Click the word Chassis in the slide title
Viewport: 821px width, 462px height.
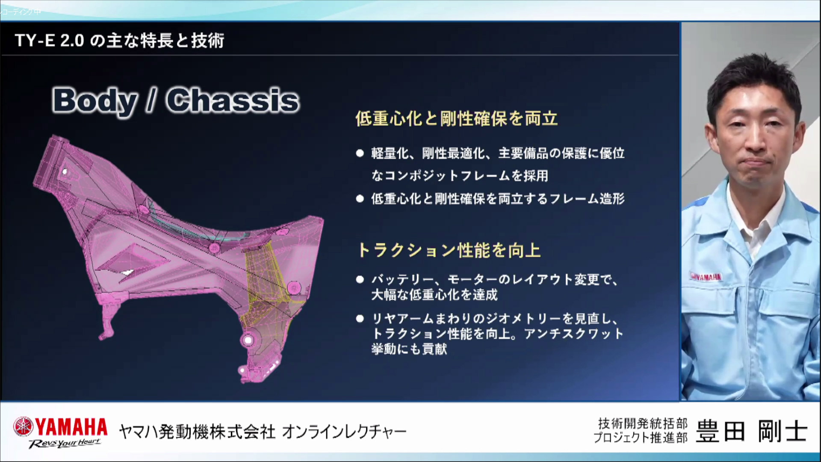pos(233,101)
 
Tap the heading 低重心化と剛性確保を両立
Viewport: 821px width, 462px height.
pos(457,118)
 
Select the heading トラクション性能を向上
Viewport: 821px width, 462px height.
pos(449,250)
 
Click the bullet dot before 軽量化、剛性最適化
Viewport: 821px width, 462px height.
pos(360,153)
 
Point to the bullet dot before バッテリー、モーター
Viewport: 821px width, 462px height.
pos(360,280)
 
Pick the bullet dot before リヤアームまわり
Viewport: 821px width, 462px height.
pos(360,319)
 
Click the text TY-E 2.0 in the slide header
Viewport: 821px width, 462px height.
pos(50,41)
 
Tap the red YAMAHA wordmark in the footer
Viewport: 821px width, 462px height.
pos(71,427)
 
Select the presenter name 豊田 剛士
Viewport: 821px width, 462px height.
pos(752,431)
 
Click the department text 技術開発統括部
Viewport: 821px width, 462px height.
pos(643,423)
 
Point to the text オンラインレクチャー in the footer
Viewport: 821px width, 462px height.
pos(344,432)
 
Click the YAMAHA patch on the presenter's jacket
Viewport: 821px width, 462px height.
pos(706,277)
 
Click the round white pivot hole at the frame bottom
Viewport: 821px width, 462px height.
pos(247,341)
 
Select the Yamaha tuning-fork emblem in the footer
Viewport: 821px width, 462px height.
pos(23,427)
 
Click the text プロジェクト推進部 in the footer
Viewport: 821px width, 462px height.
pos(641,438)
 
